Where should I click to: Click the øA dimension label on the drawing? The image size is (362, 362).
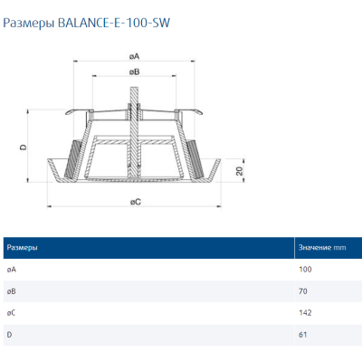point(134,56)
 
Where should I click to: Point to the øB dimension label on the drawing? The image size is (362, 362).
point(134,71)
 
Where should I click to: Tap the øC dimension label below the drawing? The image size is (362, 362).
point(136,200)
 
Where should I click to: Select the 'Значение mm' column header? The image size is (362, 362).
point(322,247)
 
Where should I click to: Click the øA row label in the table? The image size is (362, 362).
point(11,270)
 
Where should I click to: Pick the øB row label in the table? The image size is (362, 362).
point(11,291)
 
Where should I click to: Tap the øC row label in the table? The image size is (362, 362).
point(11,313)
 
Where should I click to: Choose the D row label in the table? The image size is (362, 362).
point(9,335)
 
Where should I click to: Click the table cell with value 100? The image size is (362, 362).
point(304,270)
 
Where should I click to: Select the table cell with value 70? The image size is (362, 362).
point(302,291)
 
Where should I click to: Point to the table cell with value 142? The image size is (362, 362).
point(304,313)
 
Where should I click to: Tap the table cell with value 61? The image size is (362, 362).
point(302,335)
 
